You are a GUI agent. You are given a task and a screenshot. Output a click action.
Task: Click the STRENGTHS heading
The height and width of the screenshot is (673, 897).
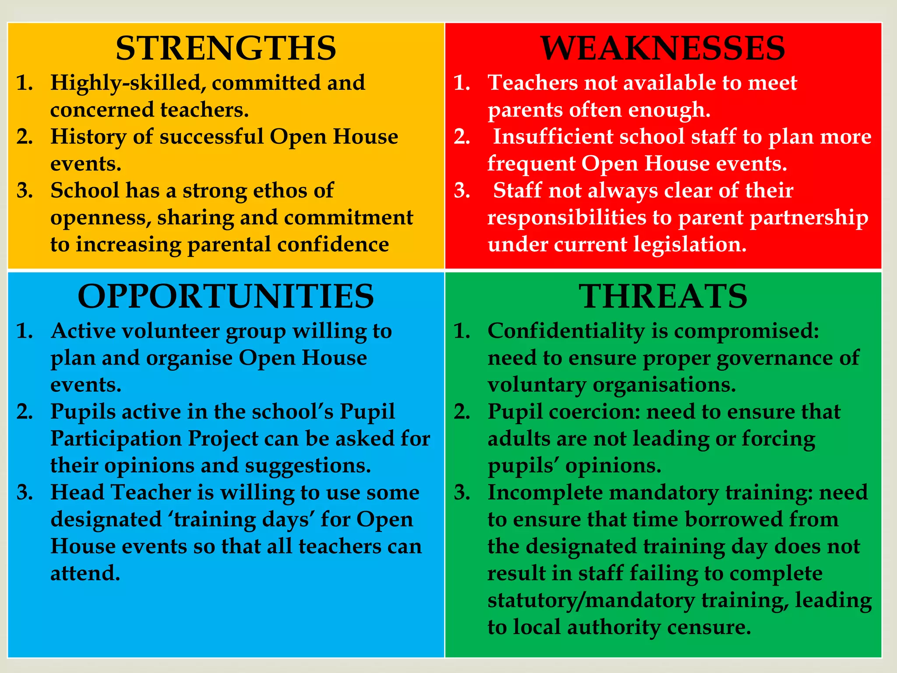point(226,48)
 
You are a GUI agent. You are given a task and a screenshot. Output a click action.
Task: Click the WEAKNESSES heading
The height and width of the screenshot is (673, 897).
point(663,48)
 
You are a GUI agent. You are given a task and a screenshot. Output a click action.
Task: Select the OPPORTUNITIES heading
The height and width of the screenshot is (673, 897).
point(226,296)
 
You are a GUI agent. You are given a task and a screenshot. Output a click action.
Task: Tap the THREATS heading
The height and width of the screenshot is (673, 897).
point(663,296)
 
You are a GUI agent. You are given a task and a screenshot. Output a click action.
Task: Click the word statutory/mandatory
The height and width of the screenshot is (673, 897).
point(591,601)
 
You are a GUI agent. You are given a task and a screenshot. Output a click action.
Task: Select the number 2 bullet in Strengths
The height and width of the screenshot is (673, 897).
point(25,137)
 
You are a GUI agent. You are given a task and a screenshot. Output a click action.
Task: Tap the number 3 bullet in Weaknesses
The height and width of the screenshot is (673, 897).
point(462,191)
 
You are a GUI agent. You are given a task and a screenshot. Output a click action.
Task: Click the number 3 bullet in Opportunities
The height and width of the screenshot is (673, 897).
point(25,492)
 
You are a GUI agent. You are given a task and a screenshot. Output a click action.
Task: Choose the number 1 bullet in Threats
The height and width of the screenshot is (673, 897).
point(462,331)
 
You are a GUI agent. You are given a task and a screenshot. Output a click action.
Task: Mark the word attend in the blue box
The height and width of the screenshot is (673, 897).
point(85,574)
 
